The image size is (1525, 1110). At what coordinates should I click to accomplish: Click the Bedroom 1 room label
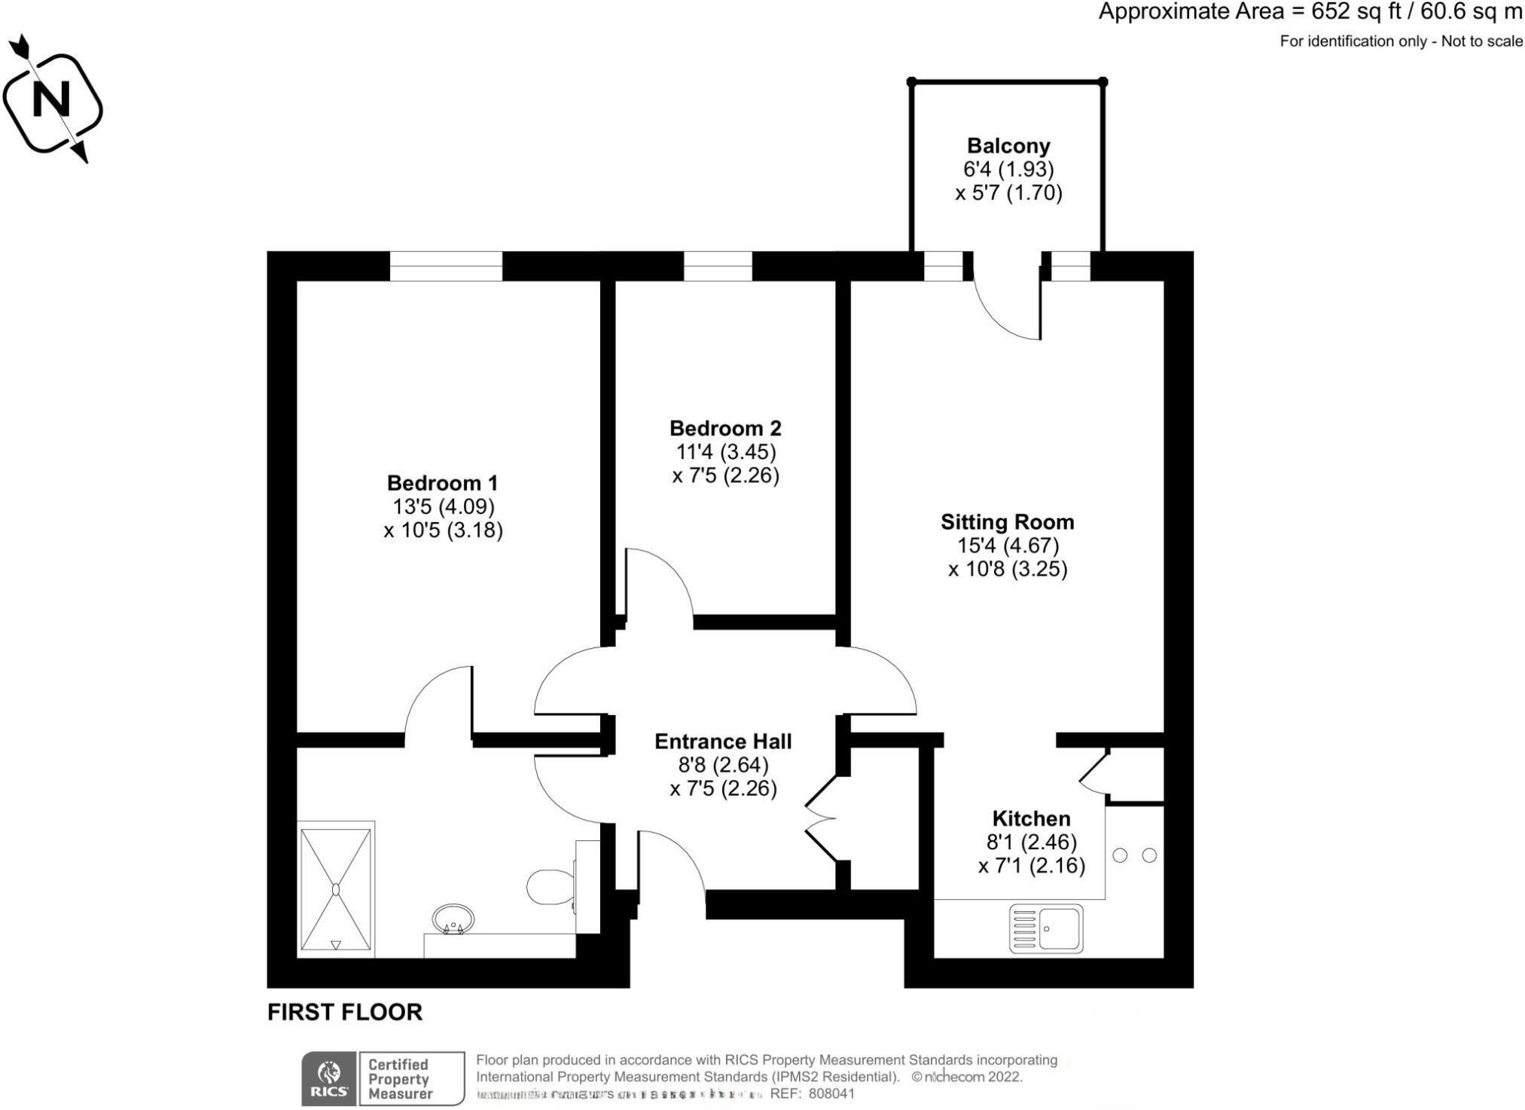coord(442,483)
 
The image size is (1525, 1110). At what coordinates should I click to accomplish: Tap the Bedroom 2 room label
coord(725,429)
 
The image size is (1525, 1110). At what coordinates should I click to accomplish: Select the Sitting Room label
coord(1007,522)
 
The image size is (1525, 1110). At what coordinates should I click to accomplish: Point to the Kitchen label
coord(1031,818)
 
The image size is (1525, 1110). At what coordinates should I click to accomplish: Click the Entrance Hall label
coord(723,742)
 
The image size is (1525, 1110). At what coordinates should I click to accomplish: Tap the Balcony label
coord(1008,145)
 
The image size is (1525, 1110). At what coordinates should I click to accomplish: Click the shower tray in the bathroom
coord(336,889)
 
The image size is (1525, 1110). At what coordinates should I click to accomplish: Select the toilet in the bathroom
coord(551,887)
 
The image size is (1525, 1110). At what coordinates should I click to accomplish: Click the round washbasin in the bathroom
coord(453,919)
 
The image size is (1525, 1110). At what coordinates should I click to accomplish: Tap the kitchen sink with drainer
coord(1046,928)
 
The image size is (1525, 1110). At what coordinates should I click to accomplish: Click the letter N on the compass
coord(51,99)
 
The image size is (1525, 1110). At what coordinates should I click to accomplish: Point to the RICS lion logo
coord(329,1072)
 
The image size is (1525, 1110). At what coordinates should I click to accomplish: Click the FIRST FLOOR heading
coord(345,1012)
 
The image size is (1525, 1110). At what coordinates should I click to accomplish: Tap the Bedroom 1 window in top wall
coord(446,266)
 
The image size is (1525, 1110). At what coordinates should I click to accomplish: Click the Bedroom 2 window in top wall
coord(718,266)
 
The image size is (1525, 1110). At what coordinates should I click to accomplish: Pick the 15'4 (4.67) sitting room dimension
coord(1008,546)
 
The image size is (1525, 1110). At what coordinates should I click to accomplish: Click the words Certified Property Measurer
coord(399,1079)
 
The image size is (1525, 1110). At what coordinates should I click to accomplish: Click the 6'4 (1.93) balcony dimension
coord(1008,169)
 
